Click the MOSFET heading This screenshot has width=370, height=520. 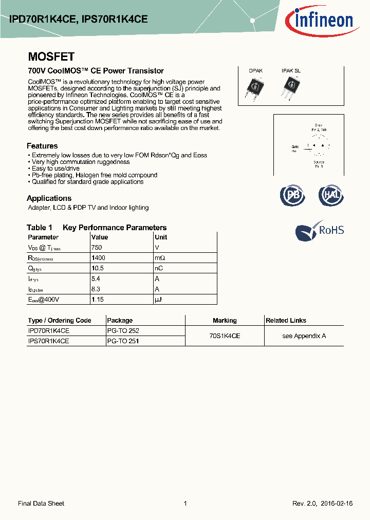click(51, 57)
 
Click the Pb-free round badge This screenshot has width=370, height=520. click(292, 196)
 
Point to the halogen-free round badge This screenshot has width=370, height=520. click(331, 196)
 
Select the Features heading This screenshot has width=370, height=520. click(42, 146)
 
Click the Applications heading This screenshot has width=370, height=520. click(49, 198)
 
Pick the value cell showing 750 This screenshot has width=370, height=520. click(96, 247)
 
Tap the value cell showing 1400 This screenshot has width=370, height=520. click(98, 258)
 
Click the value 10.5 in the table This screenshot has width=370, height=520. click(98, 268)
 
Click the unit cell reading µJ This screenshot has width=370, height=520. click(158, 299)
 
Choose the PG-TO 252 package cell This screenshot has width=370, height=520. click(123, 331)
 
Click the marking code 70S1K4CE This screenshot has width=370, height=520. click(225, 336)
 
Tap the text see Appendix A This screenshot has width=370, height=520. click(304, 336)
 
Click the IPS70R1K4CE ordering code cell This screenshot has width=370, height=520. click(48, 341)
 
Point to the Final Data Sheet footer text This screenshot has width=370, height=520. click(41, 504)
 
